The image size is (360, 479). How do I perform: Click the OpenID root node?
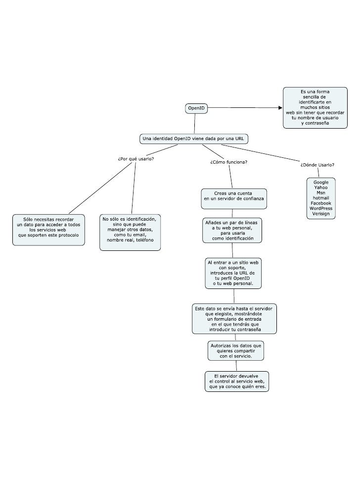point(196,108)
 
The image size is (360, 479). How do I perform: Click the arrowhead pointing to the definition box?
point(280,108)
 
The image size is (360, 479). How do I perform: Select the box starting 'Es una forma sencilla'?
point(315,108)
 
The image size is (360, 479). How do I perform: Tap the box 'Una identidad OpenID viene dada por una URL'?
point(194,139)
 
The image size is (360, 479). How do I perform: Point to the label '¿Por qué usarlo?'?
point(135,159)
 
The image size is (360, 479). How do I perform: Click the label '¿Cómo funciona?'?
point(228,162)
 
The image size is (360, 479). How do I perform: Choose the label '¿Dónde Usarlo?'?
point(317,165)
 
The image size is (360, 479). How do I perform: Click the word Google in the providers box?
point(321,183)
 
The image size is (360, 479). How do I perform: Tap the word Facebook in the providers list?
point(321,203)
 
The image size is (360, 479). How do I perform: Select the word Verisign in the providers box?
point(321,214)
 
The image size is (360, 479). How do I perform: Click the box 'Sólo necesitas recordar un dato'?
point(48,230)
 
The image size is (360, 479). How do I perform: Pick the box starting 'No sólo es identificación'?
point(130,232)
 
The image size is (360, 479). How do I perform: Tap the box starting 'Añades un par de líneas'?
point(232,231)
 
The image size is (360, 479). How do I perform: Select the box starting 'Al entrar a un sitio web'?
point(233,273)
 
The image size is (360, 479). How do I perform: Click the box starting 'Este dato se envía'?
point(234,319)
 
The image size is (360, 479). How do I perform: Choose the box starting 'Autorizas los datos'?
point(235,350)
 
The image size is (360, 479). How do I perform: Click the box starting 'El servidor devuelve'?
point(237,382)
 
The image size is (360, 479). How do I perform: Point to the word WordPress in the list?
point(321,208)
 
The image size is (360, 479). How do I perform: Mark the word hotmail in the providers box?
point(321,198)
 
